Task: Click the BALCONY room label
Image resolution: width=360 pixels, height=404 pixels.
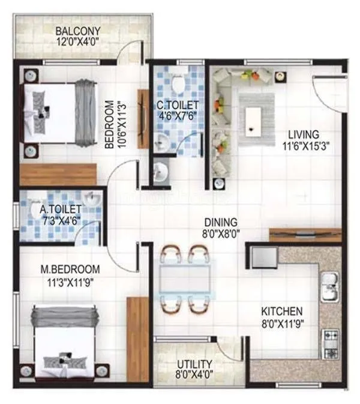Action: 78,31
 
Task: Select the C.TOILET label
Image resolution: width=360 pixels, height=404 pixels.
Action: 178,106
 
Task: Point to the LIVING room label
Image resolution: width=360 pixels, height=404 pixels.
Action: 302,134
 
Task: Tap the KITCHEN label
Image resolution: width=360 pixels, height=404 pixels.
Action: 281,312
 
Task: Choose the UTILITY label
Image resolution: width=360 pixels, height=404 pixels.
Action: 194,364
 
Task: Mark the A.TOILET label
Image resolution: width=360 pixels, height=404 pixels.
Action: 61,210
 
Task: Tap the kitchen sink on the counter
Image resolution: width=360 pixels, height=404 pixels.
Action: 329,287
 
